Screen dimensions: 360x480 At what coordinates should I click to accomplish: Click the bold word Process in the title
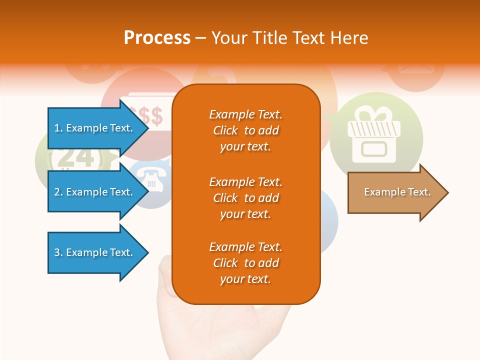157,37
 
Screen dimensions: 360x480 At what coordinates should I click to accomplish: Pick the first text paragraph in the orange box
245,130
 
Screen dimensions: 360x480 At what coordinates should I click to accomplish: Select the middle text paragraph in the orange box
245,197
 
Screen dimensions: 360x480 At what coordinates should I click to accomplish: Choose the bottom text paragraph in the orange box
245,263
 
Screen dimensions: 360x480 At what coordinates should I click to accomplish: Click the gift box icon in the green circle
374,137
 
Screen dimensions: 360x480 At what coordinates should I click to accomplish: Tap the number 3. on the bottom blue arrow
58,252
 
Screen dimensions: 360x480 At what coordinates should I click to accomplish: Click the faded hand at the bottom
225,325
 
